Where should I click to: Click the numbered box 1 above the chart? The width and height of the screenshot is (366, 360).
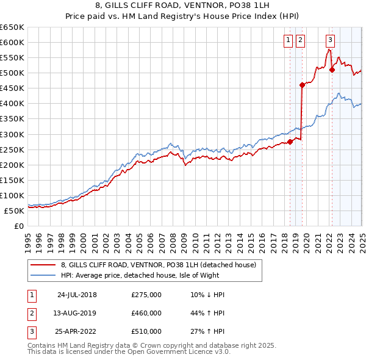[288, 41]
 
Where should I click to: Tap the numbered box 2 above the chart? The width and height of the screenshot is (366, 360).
[301, 41]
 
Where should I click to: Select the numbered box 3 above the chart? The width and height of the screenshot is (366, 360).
[330, 41]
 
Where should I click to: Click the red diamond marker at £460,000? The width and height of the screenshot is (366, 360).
[302, 85]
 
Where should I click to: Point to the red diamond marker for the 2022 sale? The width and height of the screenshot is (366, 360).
[332, 70]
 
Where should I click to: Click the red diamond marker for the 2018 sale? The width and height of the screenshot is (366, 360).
[290, 142]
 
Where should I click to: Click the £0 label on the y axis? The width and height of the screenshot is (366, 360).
[19, 226]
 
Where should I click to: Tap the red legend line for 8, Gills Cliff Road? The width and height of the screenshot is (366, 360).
[43, 265]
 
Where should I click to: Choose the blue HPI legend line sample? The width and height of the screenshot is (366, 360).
[43, 276]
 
